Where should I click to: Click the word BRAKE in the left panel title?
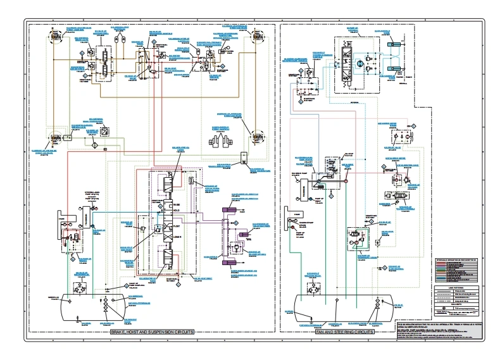tap(120, 333)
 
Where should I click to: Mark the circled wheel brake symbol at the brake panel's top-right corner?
tap(258, 39)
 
